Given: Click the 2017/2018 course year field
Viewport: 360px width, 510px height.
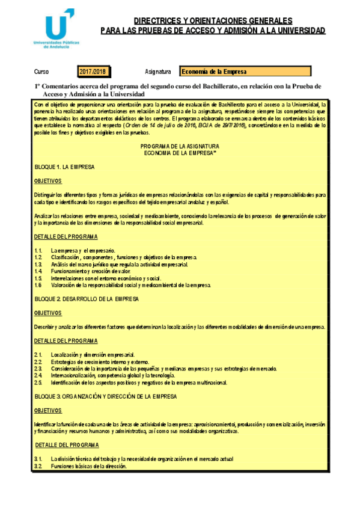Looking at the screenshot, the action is [92, 72].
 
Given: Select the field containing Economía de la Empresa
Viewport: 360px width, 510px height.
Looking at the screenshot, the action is [245, 72].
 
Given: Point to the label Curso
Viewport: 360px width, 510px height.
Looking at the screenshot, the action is [41, 72].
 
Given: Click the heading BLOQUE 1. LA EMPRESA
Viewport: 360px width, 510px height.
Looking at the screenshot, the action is [64, 167].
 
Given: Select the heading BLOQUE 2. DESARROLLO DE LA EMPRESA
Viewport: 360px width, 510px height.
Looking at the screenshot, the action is [87, 298].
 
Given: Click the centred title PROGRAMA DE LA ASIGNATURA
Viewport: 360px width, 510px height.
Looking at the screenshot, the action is [180, 146].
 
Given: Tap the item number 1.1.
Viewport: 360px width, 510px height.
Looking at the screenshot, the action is [38, 250].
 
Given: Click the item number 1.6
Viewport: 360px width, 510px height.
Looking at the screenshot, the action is [38, 286].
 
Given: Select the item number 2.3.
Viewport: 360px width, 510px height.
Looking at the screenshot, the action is [38, 368].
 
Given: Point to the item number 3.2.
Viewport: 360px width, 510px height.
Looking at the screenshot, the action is [38, 466].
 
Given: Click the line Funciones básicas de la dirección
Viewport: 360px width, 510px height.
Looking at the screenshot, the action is [89, 466].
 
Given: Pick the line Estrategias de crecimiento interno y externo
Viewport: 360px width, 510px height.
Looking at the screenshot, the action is [99, 361].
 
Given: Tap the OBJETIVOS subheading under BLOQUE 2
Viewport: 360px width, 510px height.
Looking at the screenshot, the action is [48, 313].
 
